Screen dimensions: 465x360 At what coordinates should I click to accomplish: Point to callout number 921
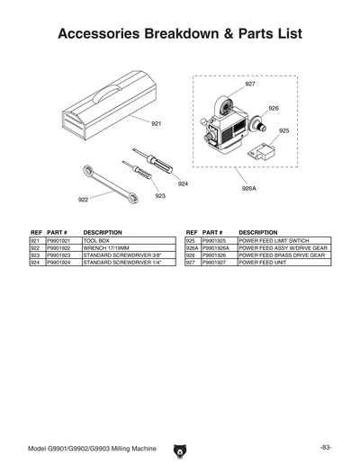click(156, 123)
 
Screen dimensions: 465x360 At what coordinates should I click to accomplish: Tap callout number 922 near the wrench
click(83, 200)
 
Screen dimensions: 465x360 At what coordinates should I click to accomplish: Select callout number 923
click(160, 195)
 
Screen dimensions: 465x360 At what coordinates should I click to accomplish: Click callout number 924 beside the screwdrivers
click(183, 183)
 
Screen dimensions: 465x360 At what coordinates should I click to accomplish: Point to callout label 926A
click(248, 189)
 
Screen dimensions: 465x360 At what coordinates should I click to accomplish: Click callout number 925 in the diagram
click(284, 130)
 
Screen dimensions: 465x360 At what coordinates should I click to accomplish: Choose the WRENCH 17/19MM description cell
click(107, 248)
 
